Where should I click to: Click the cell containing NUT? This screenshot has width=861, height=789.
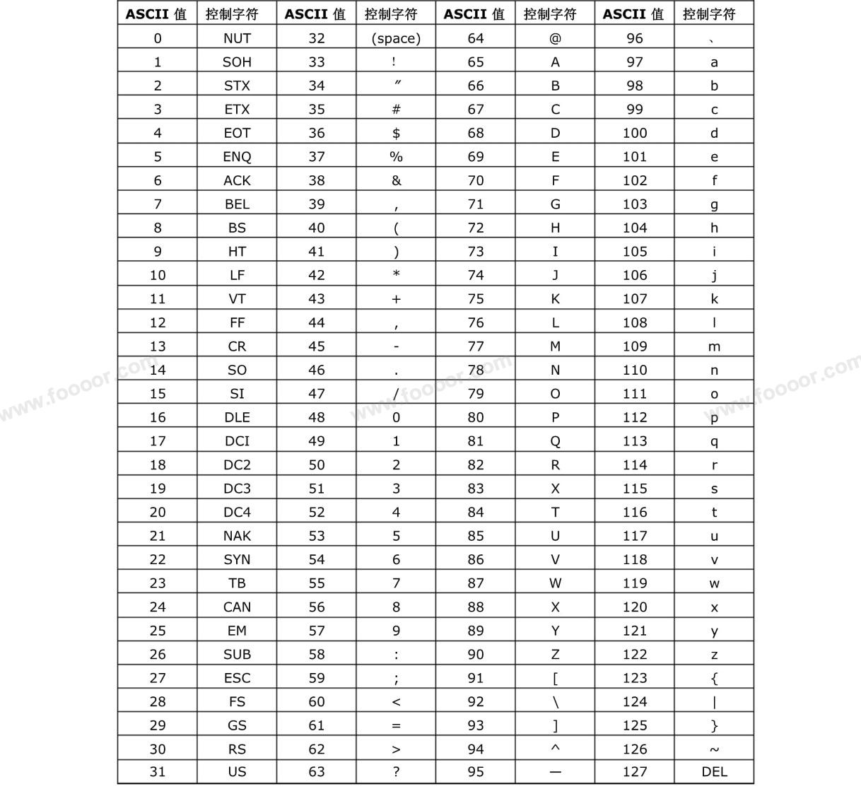point(237,38)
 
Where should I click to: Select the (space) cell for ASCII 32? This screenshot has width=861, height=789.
point(396,38)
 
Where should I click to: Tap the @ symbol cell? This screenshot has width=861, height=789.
point(555,38)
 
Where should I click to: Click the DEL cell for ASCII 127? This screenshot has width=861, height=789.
point(714,771)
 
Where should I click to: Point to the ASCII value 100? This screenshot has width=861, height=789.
point(635,133)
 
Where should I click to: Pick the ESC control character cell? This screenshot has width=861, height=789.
point(237,678)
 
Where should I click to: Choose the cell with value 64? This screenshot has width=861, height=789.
point(476,38)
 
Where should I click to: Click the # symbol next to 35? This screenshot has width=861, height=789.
point(396,109)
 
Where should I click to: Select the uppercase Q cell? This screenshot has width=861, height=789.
point(555,441)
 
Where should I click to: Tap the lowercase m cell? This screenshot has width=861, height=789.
point(714,346)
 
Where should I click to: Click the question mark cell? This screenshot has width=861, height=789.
point(396,771)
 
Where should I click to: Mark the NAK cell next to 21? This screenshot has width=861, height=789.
point(237,536)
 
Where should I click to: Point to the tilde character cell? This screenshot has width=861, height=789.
point(714,749)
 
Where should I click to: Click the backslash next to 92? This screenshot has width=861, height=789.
point(555,702)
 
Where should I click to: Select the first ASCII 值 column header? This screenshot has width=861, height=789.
point(157,13)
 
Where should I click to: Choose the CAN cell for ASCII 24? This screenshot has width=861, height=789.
point(237,607)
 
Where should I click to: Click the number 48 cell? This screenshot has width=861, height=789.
point(317,417)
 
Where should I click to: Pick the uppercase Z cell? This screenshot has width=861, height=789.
point(555,655)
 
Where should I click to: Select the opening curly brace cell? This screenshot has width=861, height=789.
point(714,678)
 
